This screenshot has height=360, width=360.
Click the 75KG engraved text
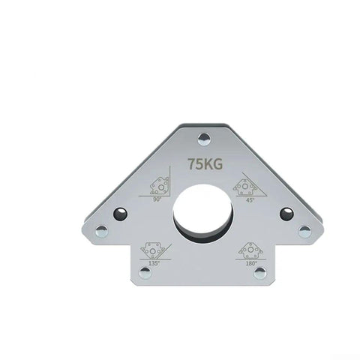click(205, 164)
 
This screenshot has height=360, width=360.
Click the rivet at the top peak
click(204, 139)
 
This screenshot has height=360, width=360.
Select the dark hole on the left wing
click(120, 214)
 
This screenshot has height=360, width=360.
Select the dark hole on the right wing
click(286, 214)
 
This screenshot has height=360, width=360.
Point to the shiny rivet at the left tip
click(102, 231)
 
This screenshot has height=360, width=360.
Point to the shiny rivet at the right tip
click(305, 232)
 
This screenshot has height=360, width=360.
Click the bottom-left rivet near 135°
click(145, 272)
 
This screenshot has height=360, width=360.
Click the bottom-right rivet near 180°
click(260, 272)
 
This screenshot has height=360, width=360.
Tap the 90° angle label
click(157, 199)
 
